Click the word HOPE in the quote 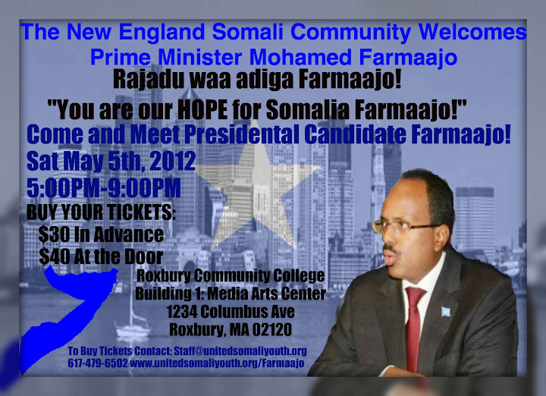point(202,110)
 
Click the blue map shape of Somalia point(66,313)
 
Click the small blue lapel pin point(446,312)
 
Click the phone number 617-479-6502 point(98,363)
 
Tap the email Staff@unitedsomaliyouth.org point(240,350)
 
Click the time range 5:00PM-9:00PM point(104,188)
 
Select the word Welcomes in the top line point(472,32)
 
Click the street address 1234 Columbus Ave point(231,312)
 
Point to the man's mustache point(391,248)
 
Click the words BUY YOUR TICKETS point(101,212)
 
